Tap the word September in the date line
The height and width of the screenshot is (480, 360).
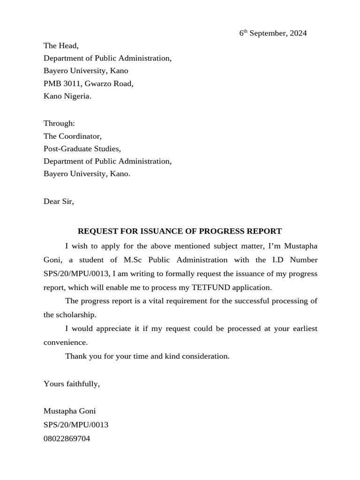click(267, 33)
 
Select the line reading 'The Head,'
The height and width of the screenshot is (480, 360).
click(61, 46)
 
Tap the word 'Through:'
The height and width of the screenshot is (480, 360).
click(59, 123)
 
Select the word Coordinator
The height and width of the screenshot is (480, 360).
click(80, 136)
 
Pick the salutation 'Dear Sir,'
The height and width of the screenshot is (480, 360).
click(59, 202)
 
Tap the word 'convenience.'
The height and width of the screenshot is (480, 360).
click(65, 343)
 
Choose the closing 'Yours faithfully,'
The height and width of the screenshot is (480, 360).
click(72, 383)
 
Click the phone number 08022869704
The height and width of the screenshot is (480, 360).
click(67, 439)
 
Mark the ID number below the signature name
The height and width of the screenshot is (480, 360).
click(76, 425)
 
